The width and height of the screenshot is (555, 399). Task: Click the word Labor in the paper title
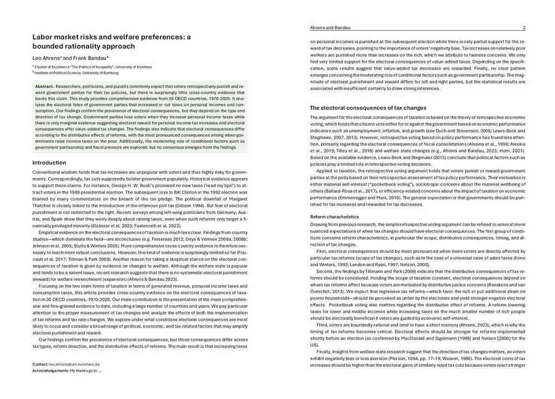(43, 37)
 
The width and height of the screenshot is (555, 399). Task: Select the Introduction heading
(49, 162)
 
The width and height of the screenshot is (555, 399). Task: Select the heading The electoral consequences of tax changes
(367, 107)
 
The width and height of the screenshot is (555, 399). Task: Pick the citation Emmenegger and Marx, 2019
(379, 197)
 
